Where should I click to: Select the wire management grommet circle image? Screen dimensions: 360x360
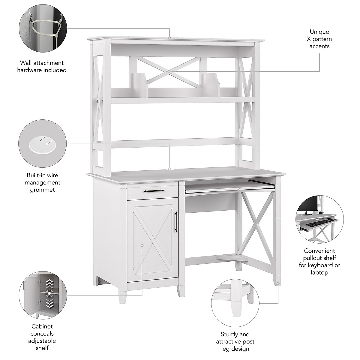(x=42, y=143)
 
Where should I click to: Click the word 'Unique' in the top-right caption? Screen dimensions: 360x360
(x=319, y=32)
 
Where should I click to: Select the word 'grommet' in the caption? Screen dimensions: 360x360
(x=42, y=190)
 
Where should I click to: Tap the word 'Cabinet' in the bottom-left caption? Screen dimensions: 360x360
(x=42, y=326)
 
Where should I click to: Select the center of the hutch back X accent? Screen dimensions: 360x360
(x=169, y=72)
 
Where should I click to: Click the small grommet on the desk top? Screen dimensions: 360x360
(x=169, y=169)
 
